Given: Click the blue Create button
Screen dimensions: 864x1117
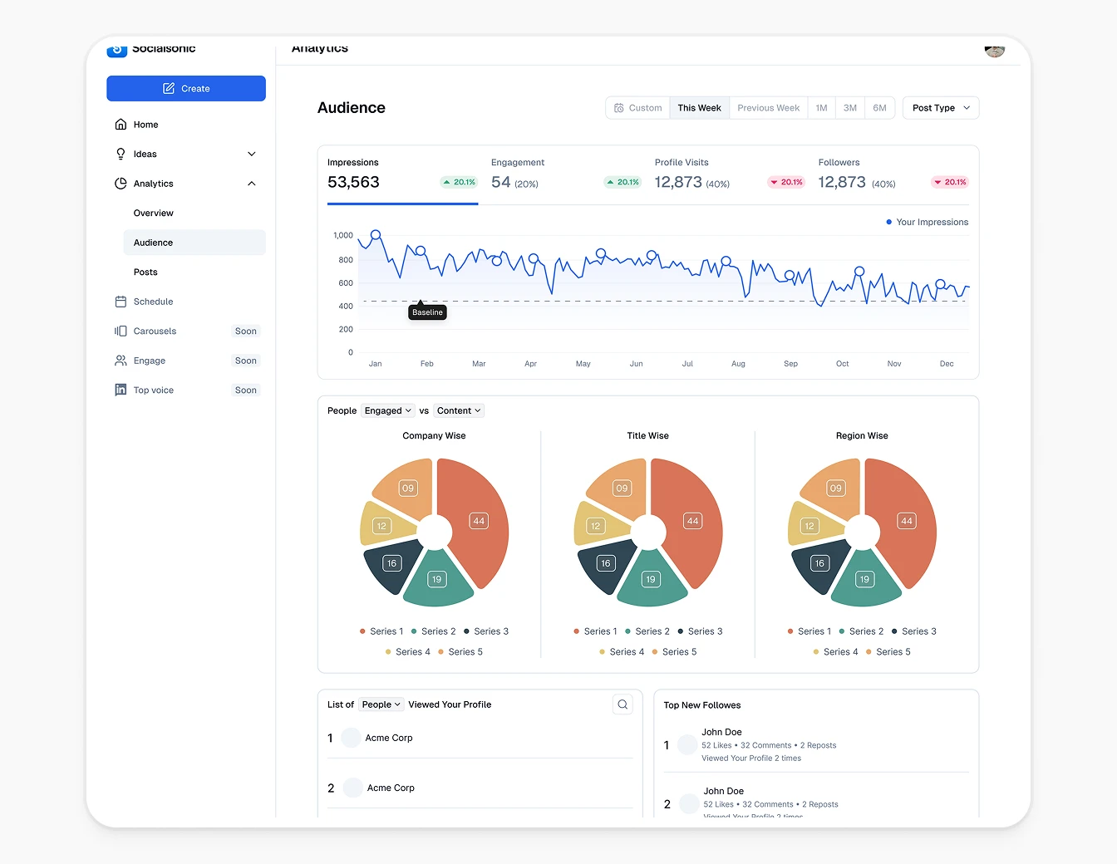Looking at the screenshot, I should (186, 89).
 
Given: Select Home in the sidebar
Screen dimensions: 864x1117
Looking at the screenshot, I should (145, 125).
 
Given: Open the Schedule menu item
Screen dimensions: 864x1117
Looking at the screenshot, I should (153, 302).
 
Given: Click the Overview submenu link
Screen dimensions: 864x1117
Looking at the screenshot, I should (154, 214).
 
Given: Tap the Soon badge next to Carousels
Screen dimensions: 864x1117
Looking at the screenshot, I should (245, 331).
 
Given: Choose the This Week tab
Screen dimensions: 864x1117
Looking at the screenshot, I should (699, 108).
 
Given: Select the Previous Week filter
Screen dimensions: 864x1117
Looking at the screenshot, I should (768, 108).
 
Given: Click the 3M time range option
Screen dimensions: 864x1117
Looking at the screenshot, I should (849, 108).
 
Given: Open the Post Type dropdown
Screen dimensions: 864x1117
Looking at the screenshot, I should (940, 108).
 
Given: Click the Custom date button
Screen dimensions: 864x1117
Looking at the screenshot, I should (637, 108).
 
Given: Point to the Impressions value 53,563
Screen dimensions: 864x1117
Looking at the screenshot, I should (353, 183).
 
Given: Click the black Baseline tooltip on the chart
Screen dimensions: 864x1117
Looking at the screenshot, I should (427, 312).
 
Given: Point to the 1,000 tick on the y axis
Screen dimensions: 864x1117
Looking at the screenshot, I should (343, 236).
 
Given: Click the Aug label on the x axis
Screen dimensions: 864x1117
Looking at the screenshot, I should (738, 364).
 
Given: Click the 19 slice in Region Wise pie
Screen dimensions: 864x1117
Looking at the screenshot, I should (864, 579).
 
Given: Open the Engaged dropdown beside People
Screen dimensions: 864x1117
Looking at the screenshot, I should (387, 410).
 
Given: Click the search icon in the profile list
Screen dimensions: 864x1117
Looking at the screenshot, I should (622, 704).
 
